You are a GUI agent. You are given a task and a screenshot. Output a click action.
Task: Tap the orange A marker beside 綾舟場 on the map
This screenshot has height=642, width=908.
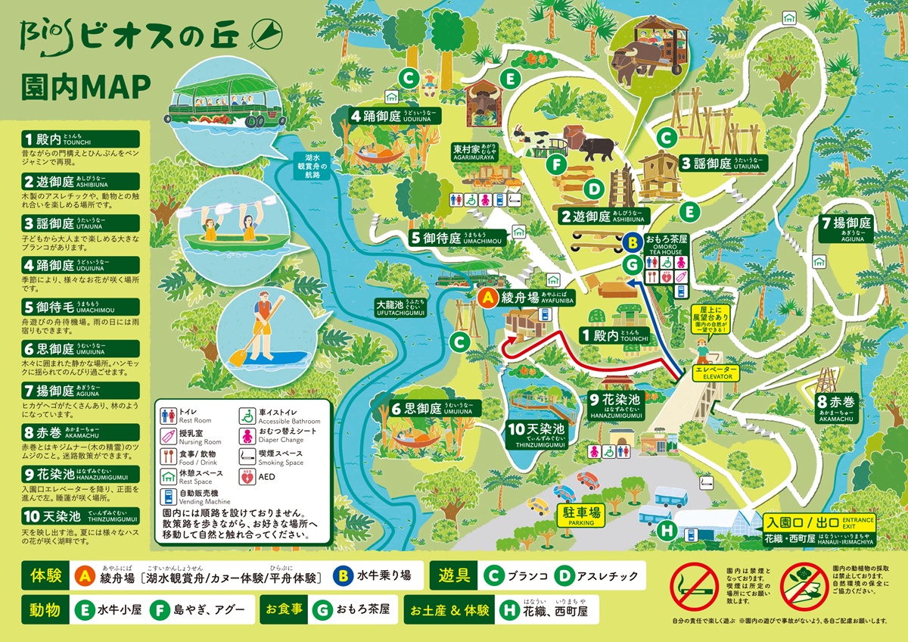[488, 298]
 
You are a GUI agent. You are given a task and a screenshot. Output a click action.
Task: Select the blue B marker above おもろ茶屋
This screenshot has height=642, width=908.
[633, 244]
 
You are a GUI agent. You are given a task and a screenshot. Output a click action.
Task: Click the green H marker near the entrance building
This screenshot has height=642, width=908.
[666, 531]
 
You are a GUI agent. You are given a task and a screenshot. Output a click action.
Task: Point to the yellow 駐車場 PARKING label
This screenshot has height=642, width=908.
[580, 515]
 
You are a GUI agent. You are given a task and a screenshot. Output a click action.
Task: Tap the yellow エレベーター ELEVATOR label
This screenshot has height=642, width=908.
[712, 371]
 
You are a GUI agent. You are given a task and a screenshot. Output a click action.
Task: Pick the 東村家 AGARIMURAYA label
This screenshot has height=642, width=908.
[474, 152]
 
